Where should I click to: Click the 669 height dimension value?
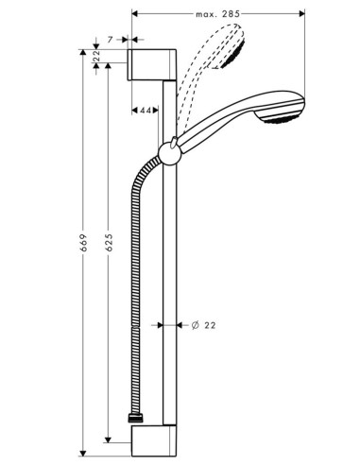tap(84, 248)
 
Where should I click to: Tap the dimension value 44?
tap(146, 112)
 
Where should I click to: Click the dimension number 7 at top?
tap(111, 42)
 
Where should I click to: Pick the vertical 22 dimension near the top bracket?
tap(97, 57)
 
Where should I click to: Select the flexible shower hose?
tap(138, 284)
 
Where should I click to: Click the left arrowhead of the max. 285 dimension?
tap(133, 14)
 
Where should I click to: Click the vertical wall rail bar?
tap(169, 284)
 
